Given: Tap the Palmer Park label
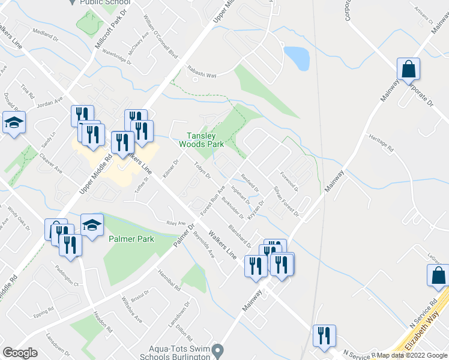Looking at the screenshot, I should pyautogui.click(x=131, y=239).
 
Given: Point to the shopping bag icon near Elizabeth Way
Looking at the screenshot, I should pyautogui.click(x=438, y=275).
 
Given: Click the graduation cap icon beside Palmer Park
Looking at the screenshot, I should pyautogui.click(x=92, y=226).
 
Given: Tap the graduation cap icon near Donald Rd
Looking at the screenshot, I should pyautogui.click(x=14, y=124).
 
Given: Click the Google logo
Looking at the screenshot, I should pyautogui.click(x=19, y=353).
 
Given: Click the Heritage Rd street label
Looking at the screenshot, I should pyautogui.click(x=381, y=144).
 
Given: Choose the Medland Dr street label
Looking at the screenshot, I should pyautogui.click(x=46, y=34).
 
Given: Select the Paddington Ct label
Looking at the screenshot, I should pyautogui.click(x=68, y=274).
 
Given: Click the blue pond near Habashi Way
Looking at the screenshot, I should pyautogui.click(x=296, y=58).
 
